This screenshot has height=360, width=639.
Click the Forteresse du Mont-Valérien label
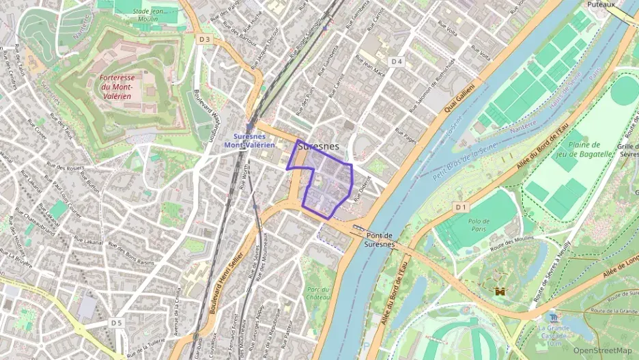(126, 87)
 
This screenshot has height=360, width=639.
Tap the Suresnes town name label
(319, 146)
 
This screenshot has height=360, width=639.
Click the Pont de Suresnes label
(378, 239)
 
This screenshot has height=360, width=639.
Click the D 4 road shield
(397, 62)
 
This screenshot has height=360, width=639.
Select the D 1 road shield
(461, 206)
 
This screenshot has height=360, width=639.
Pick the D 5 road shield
(117, 322)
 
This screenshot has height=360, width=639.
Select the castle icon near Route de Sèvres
(500, 291)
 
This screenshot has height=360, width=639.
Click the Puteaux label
(601, 4)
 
